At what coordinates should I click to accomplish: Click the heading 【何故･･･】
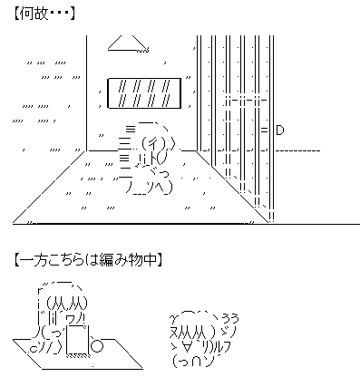tap(44, 14)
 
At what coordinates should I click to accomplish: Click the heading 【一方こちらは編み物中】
tap(88, 260)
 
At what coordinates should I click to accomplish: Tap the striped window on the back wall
tap(144, 93)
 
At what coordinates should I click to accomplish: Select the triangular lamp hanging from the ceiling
tap(129, 43)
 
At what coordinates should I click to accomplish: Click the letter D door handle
tap(280, 130)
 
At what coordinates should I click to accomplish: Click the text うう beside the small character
tap(230, 318)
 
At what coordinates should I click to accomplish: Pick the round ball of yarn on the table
tap(98, 345)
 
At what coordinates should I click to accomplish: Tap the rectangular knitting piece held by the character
tap(78, 340)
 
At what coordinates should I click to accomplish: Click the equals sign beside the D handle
tap(265, 130)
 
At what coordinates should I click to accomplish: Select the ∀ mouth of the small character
tap(187, 347)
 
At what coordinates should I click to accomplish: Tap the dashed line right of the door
tap(298, 150)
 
